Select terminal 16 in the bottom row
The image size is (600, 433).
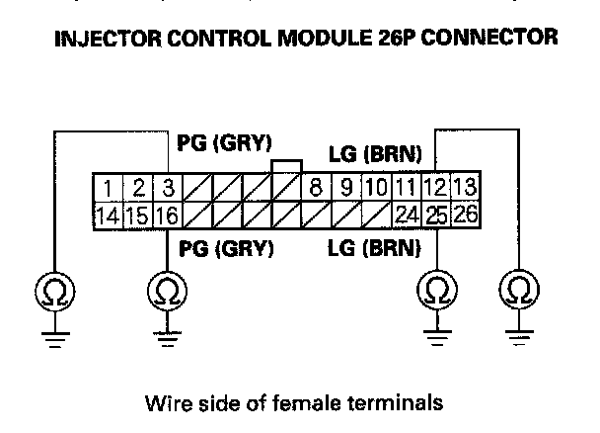[168, 213]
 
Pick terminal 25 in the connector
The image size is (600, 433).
[435, 213]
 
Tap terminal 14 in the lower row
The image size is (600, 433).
[107, 213]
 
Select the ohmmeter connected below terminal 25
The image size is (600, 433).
[435, 291]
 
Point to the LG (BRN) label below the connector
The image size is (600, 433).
[374, 247]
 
